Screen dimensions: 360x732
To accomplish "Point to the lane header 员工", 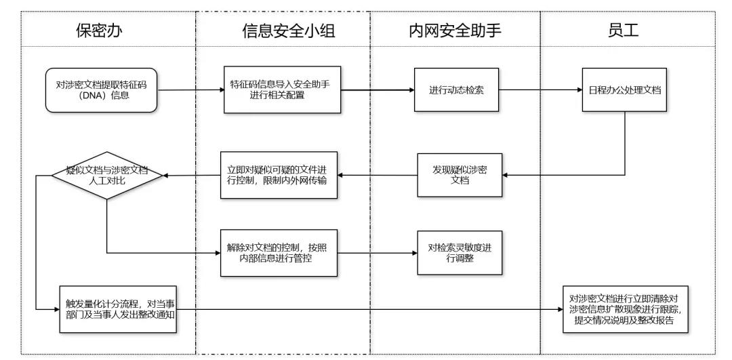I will (627, 30).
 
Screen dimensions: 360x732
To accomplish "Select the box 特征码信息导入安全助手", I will (280, 89).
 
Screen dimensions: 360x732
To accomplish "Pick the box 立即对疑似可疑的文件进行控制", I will (279, 176).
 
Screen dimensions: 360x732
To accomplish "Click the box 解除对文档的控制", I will (279, 253).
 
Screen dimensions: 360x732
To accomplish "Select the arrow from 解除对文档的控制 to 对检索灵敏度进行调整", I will (377, 253).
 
